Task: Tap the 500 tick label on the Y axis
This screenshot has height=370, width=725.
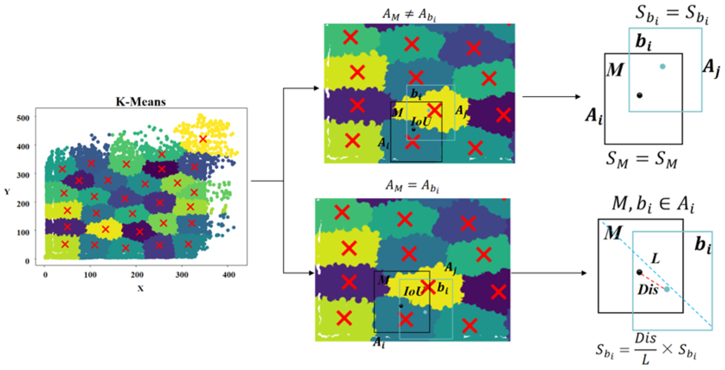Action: pyautogui.click(x=23, y=118)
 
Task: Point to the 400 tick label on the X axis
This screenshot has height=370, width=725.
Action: pyautogui.click(x=229, y=275)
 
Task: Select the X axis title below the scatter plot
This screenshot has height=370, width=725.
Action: pyautogui.click(x=140, y=288)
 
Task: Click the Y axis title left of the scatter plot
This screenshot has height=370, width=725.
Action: pyautogui.click(x=7, y=192)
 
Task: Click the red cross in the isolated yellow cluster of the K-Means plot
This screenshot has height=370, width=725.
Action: pyautogui.click(x=203, y=139)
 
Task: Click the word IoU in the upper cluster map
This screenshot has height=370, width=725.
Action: pyautogui.click(x=421, y=122)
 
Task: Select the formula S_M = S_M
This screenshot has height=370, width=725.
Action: pyautogui.click(x=641, y=159)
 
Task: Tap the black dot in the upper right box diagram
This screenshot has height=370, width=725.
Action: pyautogui.click(x=639, y=95)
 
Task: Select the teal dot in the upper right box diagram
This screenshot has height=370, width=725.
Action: pyautogui.click(x=662, y=66)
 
